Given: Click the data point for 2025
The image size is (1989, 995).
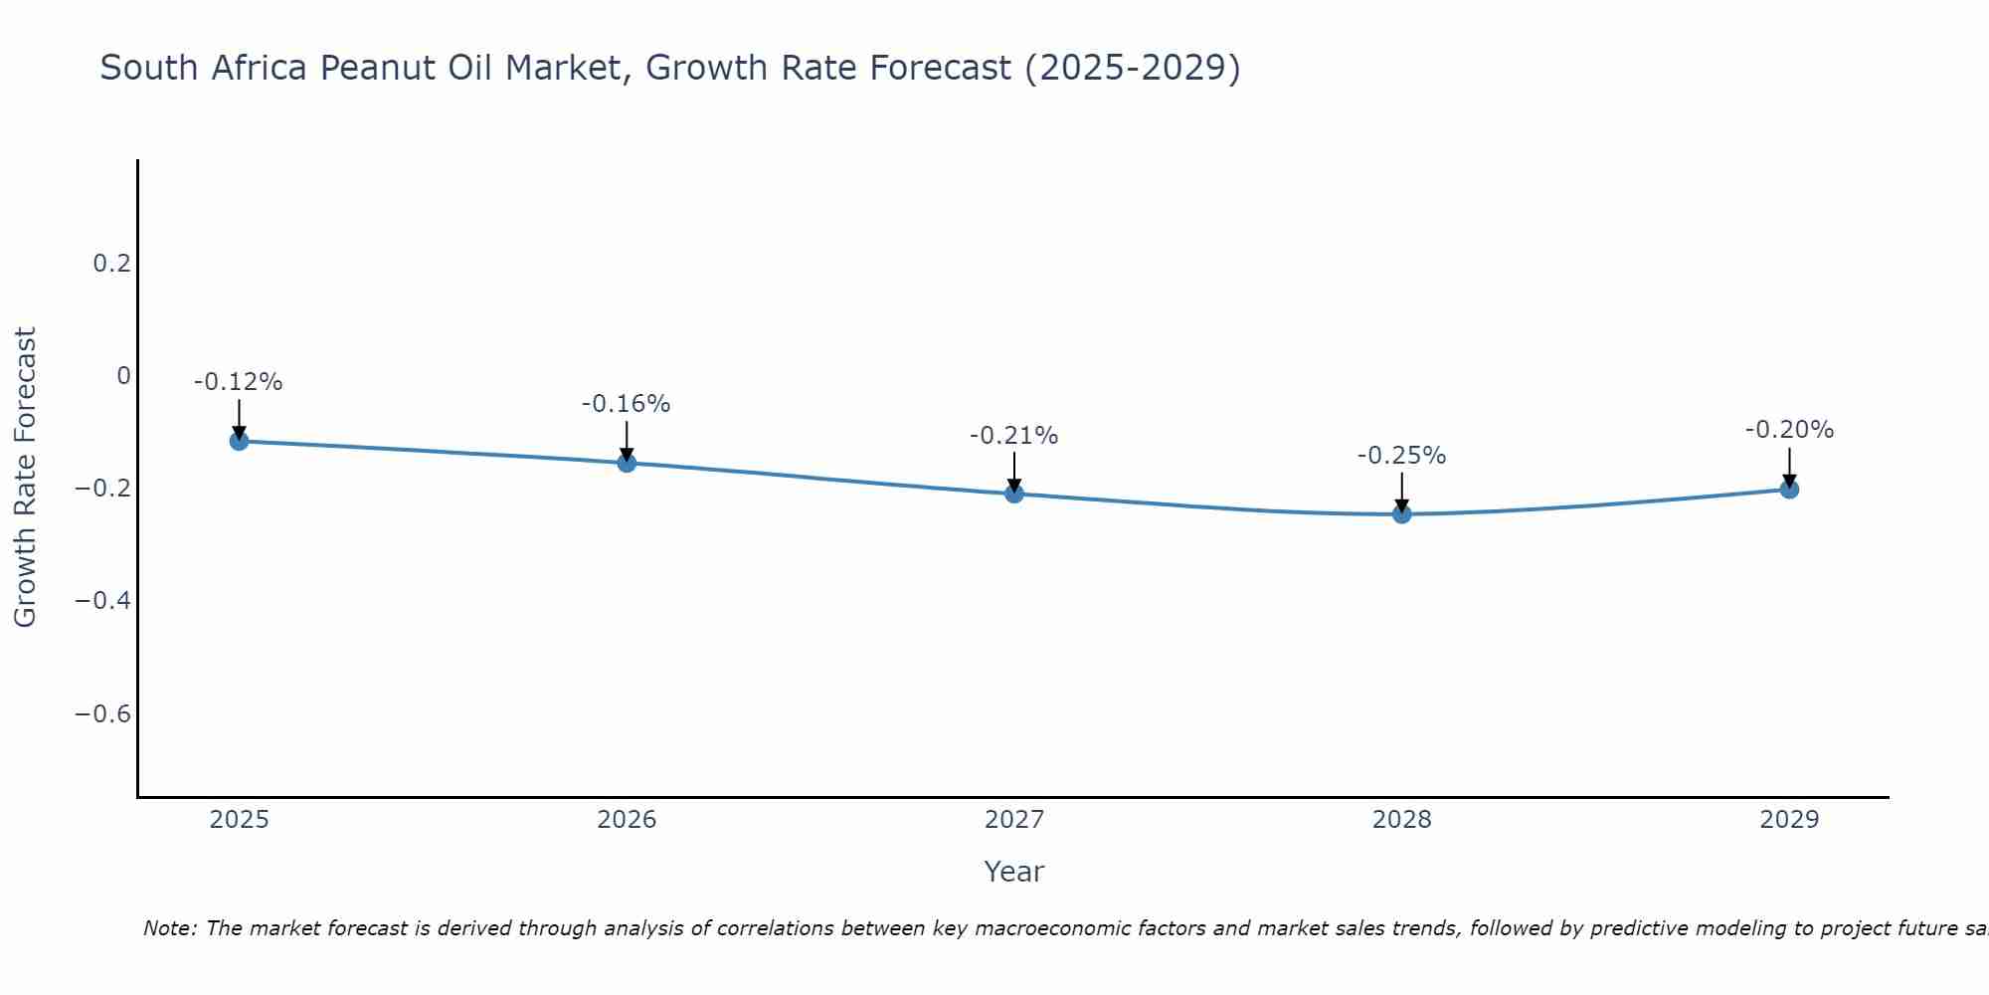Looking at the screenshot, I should pyautogui.click(x=239, y=441).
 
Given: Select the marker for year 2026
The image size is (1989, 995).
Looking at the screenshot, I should pyautogui.click(x=627, y=463).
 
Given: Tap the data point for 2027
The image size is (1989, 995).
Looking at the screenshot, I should pyautogui.click(x=1014, y=494).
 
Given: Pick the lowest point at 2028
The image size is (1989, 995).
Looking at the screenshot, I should pyautogui.click(x=1402, y=514).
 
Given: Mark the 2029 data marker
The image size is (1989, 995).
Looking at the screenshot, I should pyautogui.click(x=1789, y=490).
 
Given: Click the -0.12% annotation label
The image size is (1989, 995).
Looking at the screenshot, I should pyautogui.click(x=239, y=382).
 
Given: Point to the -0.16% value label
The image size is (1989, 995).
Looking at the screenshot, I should pyautogui.click(x=627, y=404).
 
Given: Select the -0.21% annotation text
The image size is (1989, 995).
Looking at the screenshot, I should pyautogui.click(x=1014, y=436).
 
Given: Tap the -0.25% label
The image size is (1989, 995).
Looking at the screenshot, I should pyautogui.click(x=1402, y=456).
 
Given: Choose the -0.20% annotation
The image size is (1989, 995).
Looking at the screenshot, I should pyautogui.click(x=1789, y=430).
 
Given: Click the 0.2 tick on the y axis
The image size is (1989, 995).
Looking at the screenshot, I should pyautogui.click(x=111, y=264).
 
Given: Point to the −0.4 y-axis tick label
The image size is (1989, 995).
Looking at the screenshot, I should pyautogui.click(x=103, y=601).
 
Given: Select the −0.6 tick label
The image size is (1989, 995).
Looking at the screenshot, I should pyautogui.click(x=103, y=714).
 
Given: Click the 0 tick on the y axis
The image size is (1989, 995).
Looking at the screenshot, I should pyautogui.click(x=123, y=376).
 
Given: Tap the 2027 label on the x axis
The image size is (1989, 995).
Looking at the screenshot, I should pyautogui.click(x=1014, y=820).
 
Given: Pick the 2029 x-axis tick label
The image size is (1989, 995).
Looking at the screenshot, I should pyautogui.click(x=1789, y=820).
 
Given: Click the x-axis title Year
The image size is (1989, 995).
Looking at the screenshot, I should pyautogui.click(x=1014, y=873).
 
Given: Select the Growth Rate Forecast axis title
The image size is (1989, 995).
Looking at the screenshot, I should pyautogui.click(x=26, y=478).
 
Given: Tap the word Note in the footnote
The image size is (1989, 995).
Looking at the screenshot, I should pyautogui.click(x=169, y=928).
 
